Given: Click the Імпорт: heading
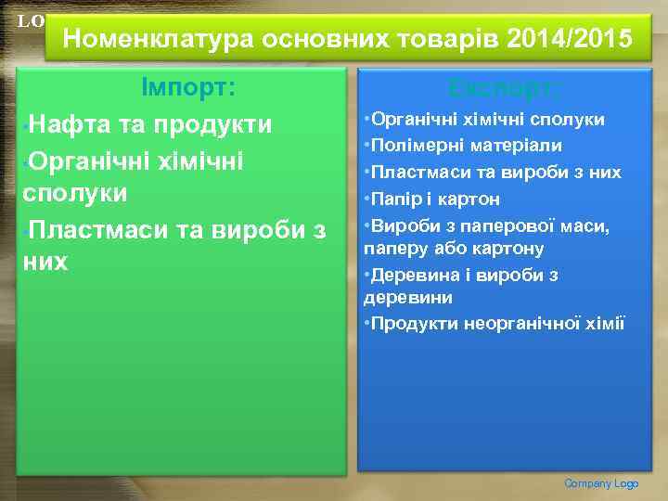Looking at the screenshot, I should [x=187, y=88].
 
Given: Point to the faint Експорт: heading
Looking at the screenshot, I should [x=504, y=88].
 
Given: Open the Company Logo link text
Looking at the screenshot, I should [x=602, y=483].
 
